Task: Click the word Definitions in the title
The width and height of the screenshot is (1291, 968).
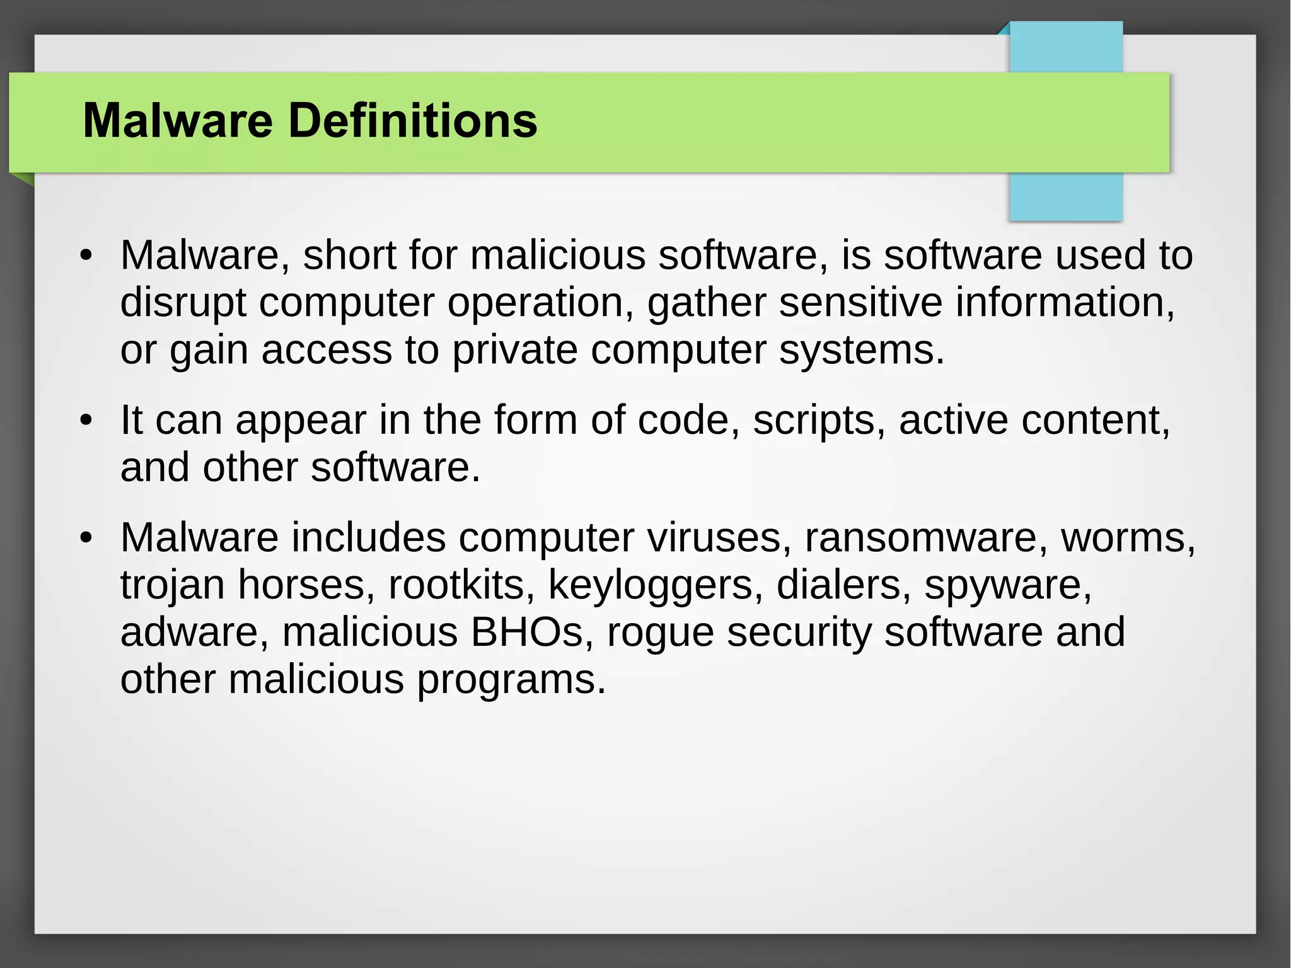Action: (413, 120)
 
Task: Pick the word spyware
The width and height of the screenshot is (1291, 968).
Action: (1007, 586)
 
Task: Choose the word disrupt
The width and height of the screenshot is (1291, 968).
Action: (183, 303)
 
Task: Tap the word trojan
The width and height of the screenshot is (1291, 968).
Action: (172, 586)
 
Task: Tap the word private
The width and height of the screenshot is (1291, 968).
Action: (514, 351)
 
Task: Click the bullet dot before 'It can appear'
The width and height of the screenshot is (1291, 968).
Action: (86, 421)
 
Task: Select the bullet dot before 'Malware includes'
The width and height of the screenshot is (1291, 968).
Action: (86, 539)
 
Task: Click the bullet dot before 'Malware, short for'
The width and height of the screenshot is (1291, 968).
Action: (86, 256)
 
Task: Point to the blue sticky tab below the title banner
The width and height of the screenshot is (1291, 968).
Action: (1065, 197)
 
